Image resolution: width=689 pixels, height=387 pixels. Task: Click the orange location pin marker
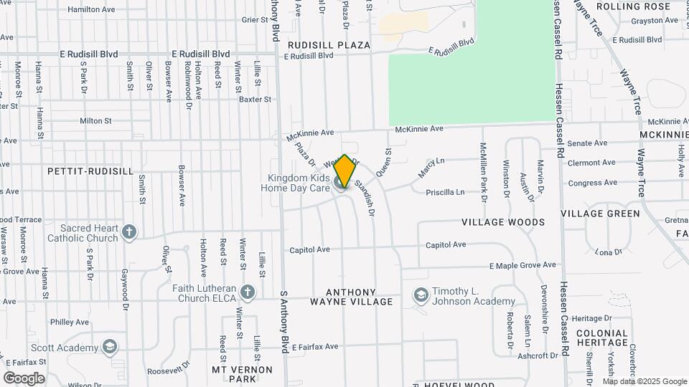[344, 171]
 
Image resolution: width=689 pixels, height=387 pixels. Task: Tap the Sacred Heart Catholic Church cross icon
[129, 231]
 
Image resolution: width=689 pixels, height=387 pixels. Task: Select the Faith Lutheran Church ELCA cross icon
[248, 292]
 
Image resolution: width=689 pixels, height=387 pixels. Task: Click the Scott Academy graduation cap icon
[110, 348]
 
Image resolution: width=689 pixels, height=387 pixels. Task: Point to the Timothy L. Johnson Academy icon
[421, 295]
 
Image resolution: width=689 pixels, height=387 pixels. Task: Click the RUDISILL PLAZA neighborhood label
[329, 45]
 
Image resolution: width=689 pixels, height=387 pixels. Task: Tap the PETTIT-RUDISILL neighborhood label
[90, 171]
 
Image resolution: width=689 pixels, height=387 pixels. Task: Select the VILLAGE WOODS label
[503, 222]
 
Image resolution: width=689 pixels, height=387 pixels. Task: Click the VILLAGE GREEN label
[600, 214]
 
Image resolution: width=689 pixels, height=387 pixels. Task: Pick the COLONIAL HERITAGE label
[602, 338]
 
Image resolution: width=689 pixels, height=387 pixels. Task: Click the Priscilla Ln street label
[445, 192]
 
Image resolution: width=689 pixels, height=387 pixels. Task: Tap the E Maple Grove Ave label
[522, 265]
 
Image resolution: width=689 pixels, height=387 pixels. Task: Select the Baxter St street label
[256, 100]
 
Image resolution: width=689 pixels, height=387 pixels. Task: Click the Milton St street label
[95, 121]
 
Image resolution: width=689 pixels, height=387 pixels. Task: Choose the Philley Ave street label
[69, 322]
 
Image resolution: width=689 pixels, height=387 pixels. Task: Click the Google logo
[24, 378]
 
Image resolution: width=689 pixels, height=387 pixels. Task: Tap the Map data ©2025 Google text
[645, 381]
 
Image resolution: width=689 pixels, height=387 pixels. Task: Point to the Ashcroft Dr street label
[537, 355]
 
